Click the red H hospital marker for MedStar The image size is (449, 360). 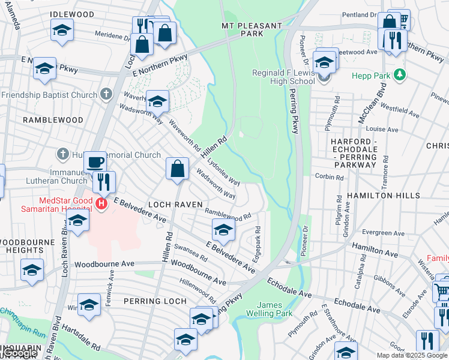(101, 204)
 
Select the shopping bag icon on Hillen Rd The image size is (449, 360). (178, 169)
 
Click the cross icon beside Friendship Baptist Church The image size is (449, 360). (106, 94)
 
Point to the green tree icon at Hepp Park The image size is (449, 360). (398, 76)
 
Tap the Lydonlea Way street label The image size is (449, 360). (223, 173)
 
